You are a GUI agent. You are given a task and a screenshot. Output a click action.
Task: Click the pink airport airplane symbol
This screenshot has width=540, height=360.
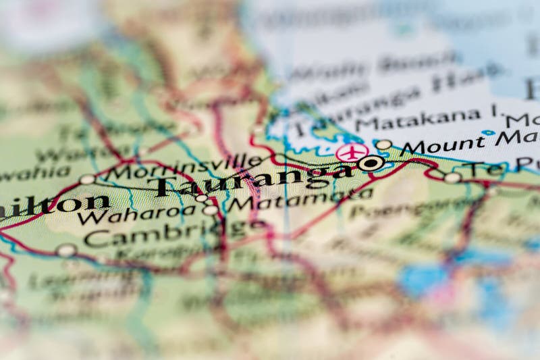pos(352,152)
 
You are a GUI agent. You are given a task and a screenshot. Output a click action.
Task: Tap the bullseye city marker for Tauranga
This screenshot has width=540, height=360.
pos(371,163)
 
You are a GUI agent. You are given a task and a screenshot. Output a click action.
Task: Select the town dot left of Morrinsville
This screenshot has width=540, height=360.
pos(87,179)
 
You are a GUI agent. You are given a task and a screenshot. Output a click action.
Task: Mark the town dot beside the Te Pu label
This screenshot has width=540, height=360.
pos(452,178)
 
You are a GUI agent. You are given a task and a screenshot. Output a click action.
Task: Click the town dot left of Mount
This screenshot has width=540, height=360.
pos(383,145)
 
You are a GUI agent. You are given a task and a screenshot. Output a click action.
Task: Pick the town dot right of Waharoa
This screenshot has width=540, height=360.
pos(211,210)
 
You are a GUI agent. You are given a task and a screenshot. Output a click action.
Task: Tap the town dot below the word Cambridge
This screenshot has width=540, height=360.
pos(65,251)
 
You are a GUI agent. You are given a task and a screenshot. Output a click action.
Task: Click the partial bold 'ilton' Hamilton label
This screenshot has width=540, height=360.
pos(54,204)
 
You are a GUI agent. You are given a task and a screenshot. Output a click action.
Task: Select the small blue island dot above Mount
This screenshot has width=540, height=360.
pos(488,132)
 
